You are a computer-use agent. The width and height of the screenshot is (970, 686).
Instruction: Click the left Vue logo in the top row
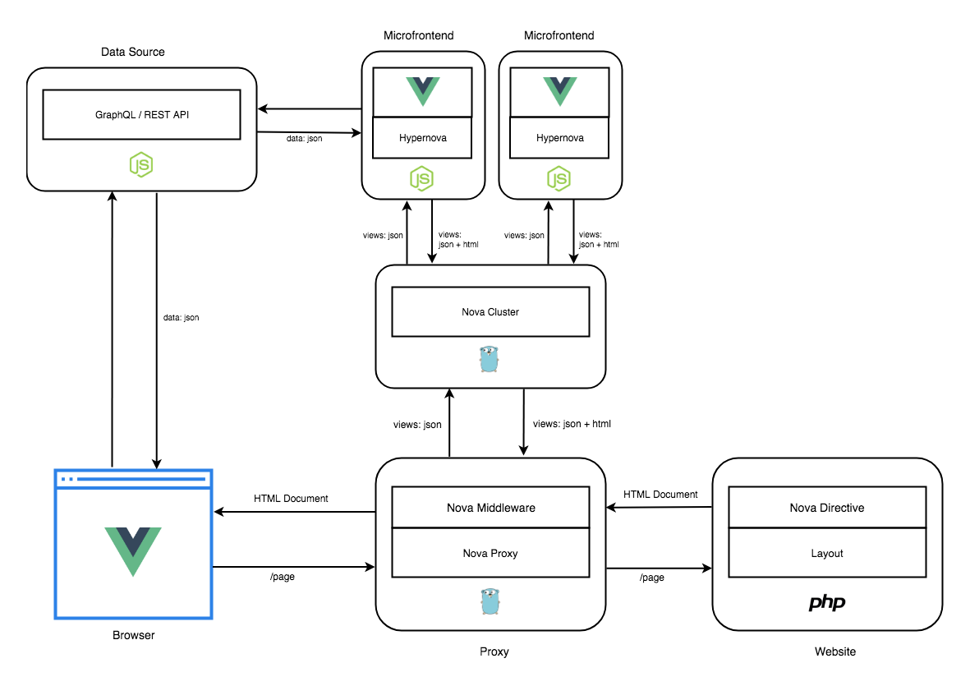[423, 90]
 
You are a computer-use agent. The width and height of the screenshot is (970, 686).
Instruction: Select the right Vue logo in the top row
[560, 90]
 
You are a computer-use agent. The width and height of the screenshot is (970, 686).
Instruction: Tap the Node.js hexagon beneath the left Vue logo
[421, 178]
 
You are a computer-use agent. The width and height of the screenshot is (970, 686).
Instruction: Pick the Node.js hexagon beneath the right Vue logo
[559, 178]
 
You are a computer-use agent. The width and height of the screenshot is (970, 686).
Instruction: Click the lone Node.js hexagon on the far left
[141, 164]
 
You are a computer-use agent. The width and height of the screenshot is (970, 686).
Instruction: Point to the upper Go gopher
[489, 359]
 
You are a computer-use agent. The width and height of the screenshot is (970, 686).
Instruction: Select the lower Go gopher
[490, 601]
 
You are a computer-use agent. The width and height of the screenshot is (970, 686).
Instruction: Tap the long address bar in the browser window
[141, 479]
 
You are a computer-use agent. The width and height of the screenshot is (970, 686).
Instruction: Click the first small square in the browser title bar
[63, 479]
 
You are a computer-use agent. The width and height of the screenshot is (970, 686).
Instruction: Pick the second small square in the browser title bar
[71, 479]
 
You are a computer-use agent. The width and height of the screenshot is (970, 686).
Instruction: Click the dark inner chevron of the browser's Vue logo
[133, 536]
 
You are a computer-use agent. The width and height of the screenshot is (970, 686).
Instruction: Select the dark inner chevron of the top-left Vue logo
[423, 83]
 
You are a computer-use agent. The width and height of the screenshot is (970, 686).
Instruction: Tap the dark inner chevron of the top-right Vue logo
[560, 83]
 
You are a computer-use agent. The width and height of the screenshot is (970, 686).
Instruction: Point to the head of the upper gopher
[489, 351]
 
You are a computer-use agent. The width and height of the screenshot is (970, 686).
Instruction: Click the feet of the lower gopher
[490, 613]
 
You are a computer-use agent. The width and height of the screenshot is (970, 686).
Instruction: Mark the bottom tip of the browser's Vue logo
[133, 574]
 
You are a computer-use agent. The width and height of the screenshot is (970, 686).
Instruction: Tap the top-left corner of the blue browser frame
[55, 470]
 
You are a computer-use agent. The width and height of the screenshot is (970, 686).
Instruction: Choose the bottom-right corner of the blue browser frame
[212, 618]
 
